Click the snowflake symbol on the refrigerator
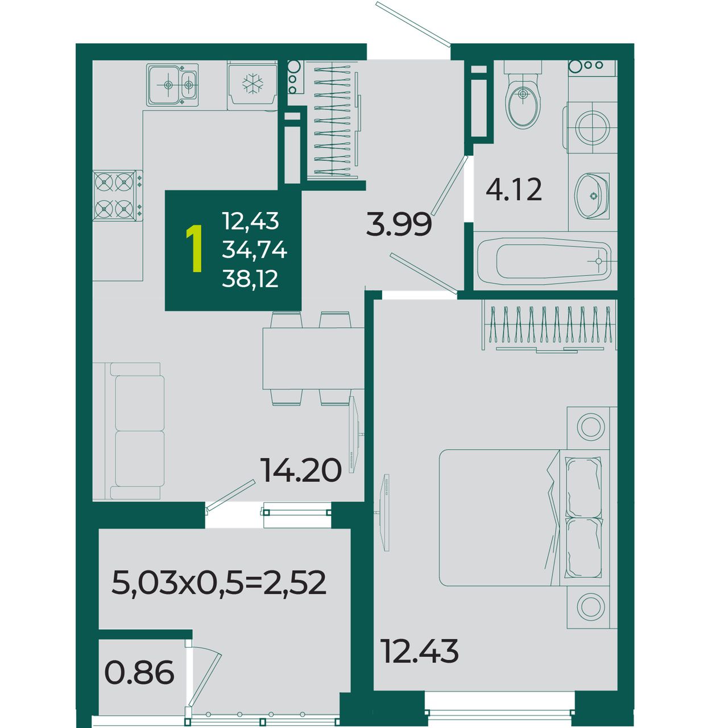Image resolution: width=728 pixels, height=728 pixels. (253, 84)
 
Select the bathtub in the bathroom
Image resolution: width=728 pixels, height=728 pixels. (544, 261)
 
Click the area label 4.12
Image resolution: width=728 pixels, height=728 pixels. (514, 189)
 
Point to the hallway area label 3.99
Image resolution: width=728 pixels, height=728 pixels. (399, 225)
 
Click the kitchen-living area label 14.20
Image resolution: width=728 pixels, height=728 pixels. (301, 470)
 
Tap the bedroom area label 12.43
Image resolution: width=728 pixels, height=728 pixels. (420, 651)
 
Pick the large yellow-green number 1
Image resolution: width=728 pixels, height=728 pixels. (195, 248)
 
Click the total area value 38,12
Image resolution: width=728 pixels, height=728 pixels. (250, 279)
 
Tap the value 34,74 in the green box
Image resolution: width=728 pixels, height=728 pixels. (254, 250)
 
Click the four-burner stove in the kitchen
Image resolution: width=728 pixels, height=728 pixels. (118, 195)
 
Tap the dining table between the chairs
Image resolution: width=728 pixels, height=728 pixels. (313, 358)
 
